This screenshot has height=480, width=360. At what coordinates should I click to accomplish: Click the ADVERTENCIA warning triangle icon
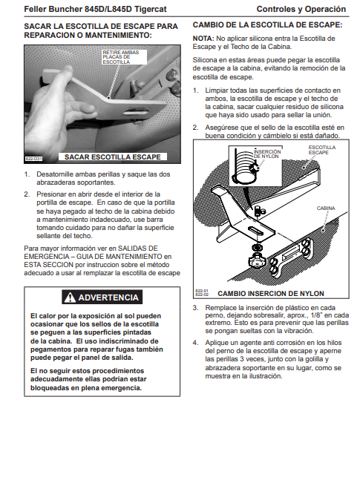click(x=70, y=297)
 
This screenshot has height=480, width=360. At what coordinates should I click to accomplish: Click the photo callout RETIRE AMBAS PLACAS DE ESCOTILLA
click(x=121, y=57)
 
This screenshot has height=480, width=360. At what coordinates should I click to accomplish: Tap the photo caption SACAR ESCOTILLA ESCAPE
click(x=112, y=157)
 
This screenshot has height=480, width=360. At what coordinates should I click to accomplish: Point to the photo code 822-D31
click(x=33, y=159)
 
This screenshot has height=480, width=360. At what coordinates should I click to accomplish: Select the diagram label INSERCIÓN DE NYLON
click(x=267, y=154)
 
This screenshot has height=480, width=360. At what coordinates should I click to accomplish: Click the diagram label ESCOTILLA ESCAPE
click(x=322, y=150)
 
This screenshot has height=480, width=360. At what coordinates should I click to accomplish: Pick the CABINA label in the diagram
click(x=326, y=208)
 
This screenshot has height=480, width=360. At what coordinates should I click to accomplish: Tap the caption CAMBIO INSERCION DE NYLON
click(x=271, y=294)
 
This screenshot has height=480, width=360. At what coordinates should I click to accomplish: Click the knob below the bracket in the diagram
click(x=255, y=261)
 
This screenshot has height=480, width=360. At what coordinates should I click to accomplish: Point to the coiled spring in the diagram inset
click(x=244, y=165)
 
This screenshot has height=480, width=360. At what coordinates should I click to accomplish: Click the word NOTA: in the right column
click(x=203, y=39)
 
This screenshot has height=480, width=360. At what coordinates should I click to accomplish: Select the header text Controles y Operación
click(x=301, y=9)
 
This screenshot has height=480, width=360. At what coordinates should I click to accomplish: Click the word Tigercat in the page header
click(x=150, y=9)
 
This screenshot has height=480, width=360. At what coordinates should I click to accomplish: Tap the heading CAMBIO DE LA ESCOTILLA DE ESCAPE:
click(x=267, y=24)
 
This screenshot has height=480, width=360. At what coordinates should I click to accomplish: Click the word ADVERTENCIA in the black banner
click(x=108, y=297)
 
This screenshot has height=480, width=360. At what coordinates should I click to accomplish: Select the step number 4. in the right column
click(x=195, y=343)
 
